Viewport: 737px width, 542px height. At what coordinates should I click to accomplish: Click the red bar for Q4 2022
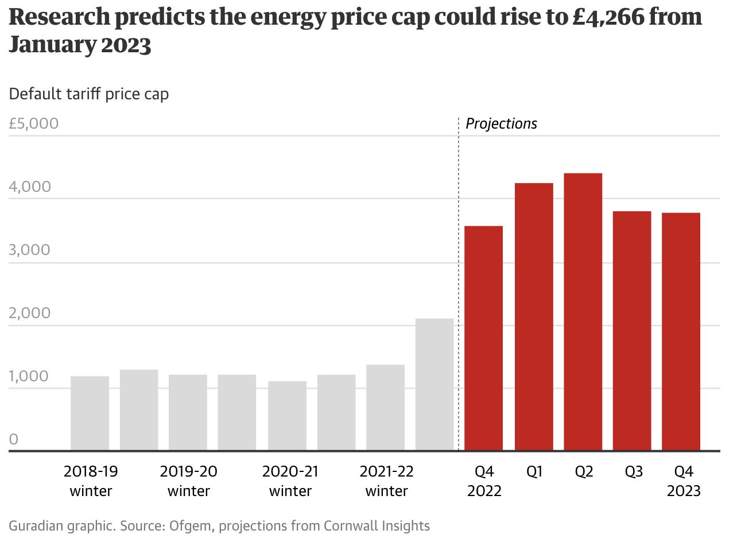pyautogui.click(x=483, y=338)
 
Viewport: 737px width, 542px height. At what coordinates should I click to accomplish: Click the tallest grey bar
pyautogui.click(x=435, y=385)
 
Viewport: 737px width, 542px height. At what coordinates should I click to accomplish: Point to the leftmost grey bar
pyautogui.click(x=90, y=413)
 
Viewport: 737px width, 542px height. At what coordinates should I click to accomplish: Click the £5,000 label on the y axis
pyautogui.click(x=34, y=123)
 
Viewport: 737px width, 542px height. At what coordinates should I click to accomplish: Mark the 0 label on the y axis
pyautogui.click(x=14, y=440)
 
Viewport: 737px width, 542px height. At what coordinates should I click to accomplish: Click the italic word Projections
pyautogui.click(x=501, y=123)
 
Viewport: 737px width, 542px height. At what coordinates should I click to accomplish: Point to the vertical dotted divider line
pyautogui.click(x=459, y=287)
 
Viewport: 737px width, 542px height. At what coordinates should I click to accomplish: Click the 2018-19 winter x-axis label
pyautogui.click(x=91, y=481)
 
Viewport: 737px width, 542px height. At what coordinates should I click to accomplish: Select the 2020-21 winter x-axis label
pyautogui.click(x=290, y=481)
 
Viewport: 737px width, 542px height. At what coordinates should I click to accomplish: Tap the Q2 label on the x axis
pyautogui.click(x=584, y=472)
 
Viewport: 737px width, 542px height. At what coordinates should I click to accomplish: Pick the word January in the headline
pyautogui.click(x=52, y=45)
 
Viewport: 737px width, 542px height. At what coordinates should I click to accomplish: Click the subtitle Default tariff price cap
pyautogui.click(x=89, y=94)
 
